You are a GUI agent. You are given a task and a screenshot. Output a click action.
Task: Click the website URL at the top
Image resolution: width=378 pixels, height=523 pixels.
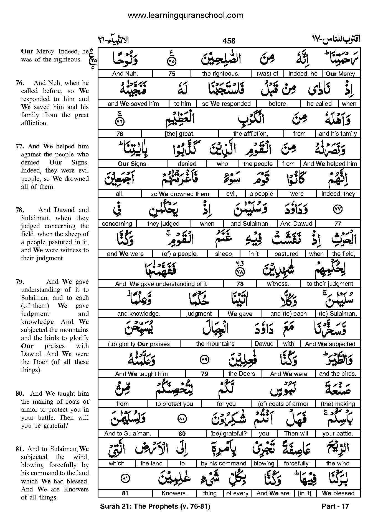tap(186, 16)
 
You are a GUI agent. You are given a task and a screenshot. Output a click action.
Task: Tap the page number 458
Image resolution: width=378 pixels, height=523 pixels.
tap(229, 41)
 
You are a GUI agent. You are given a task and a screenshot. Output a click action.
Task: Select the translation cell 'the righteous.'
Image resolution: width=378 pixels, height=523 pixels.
tap(220, 74)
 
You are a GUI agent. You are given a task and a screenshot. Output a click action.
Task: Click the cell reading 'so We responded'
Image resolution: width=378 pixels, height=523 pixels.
tap(226, 104)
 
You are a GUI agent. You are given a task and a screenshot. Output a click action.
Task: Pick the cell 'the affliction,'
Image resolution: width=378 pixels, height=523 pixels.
tap(251, 134)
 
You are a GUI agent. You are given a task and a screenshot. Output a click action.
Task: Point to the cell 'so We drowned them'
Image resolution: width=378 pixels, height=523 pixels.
tap(180, 194)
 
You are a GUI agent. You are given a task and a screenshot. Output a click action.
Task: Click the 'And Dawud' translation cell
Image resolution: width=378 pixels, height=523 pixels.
tap(296, 224)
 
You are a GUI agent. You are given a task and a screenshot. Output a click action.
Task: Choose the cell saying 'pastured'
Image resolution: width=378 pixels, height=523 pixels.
tap(286, 254)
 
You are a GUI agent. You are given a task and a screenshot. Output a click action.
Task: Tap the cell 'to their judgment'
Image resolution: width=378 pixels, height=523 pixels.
tap(330, 284)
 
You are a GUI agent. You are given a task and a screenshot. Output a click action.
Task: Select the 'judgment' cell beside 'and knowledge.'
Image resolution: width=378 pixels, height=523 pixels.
tap(199, 314)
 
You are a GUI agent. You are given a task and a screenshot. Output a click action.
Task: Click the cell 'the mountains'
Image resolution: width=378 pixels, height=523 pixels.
tap(215, 344)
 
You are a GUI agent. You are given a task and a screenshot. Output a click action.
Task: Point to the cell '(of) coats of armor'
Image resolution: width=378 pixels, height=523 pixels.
tap(283, 404)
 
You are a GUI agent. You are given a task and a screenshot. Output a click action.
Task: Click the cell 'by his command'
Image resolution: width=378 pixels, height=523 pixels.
tap(224, 463)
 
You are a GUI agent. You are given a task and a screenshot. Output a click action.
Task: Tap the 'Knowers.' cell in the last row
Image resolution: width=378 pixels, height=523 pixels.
tap(174, 493)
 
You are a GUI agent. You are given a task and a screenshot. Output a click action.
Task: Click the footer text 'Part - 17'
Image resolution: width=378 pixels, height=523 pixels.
tap(335, 506)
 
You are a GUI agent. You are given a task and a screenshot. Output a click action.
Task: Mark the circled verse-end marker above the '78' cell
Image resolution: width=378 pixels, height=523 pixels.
tap(240, 272)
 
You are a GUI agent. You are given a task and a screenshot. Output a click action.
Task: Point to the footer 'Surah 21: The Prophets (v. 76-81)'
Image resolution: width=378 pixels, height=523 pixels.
tap(155, 506)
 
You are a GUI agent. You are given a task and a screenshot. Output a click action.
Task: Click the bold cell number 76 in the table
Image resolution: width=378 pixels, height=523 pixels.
tap(120, 134)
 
